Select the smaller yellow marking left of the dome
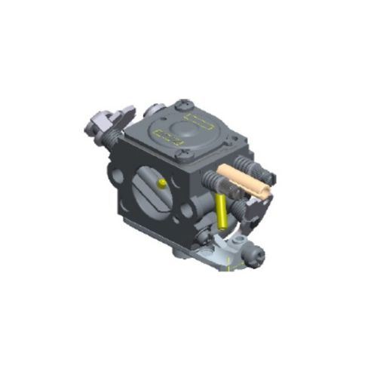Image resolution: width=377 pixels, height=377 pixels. [x=165, y=136]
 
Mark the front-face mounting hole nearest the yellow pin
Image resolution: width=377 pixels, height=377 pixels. [x=185, y=213]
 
